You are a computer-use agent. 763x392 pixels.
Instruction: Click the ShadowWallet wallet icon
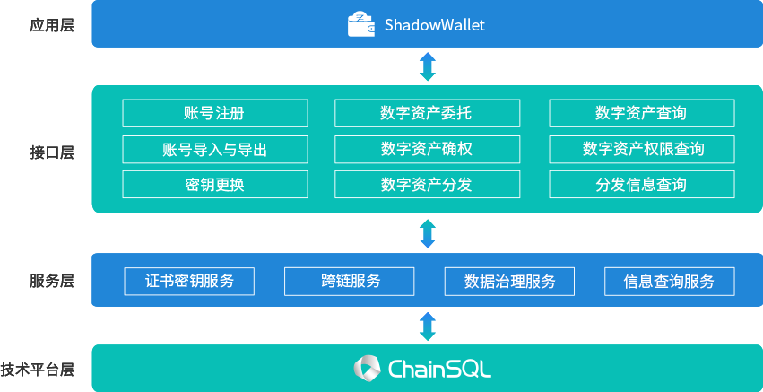361,24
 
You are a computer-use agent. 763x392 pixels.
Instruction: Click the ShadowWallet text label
435,25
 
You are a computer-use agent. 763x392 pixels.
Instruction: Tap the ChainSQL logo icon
368,368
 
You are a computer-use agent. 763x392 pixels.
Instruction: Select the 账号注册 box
215,113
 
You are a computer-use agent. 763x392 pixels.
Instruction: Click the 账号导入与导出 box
215,149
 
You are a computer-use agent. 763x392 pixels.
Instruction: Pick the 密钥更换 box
215,185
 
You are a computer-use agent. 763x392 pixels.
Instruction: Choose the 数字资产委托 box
427,113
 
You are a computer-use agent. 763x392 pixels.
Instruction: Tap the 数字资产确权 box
427,149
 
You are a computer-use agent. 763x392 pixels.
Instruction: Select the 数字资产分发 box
427,185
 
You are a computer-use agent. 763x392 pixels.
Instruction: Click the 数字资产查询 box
641,113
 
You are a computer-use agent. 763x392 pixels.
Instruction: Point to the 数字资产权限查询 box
641,149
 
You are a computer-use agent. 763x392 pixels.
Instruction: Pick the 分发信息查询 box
641,185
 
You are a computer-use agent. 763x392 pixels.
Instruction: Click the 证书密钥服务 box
189,281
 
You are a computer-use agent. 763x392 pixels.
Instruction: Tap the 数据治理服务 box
510,281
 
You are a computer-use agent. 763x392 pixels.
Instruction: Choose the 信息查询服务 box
670,281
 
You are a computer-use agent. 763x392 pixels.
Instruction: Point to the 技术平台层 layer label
38,369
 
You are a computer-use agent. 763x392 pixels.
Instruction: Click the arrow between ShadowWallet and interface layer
428,66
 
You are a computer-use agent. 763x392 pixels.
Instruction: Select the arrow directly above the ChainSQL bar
428,326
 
